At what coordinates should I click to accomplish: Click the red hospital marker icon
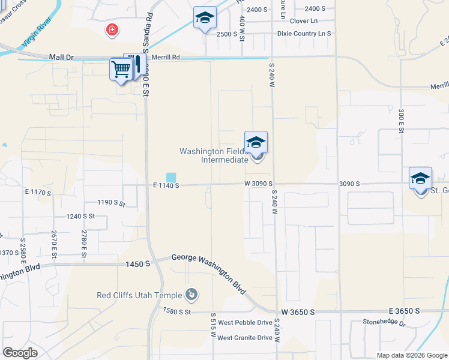(x=111, y=29)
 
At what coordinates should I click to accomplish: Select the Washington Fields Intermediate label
(x=215, y=155)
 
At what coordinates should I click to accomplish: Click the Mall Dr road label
(x=61, y=57)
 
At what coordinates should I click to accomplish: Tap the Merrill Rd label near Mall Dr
(x=166, y=57)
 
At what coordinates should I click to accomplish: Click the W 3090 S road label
(x=258, y=184)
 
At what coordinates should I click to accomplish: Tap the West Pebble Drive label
(x=245, y=323)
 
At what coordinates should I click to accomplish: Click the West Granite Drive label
(x=245, y=338)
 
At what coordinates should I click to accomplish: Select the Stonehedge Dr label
(x=384, y=322)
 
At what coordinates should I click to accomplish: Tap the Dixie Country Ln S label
(x=304, y=34)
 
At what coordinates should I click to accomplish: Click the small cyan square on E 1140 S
(x=172, y=177)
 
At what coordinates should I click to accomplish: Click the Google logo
(x=20, y=352)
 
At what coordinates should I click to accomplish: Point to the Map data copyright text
(x=411, y=355)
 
